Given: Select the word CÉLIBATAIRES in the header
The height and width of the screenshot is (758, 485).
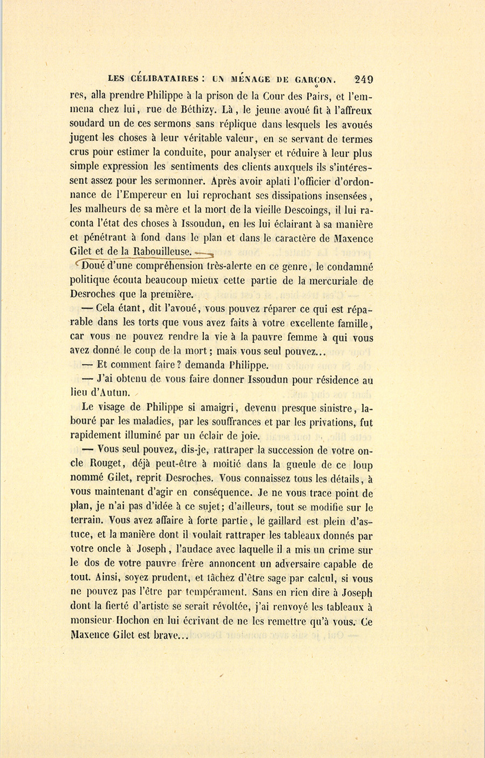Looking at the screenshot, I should (x=161, y=79).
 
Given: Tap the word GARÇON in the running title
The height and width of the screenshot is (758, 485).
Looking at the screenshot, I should (x=315, y=79).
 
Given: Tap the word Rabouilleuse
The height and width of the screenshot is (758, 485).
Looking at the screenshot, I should (x=162, y=251).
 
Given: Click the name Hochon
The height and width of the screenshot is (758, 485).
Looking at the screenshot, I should (x=129, y=621).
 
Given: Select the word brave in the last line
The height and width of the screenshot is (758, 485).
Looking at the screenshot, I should (x=171, y=635).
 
